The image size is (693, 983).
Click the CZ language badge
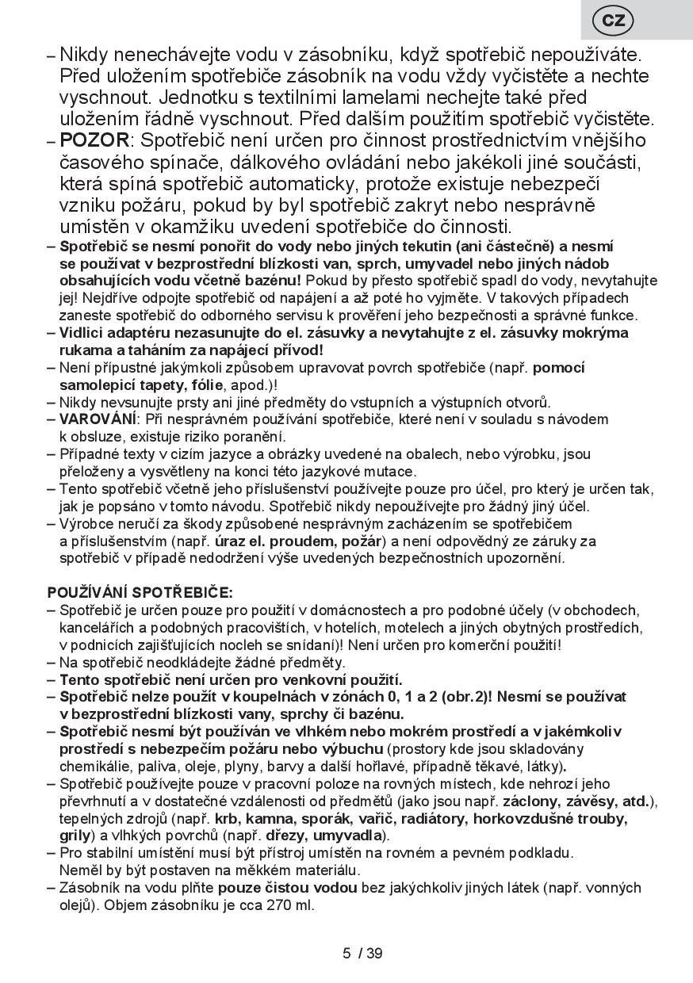click(614, 21)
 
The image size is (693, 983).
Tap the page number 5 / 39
click(362, 953)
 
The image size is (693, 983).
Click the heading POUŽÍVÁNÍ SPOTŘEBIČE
click(140, 592)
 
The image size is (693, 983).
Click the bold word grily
click(76, 836)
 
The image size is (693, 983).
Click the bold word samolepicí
click(98, 384)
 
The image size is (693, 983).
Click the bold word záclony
click(530, 801)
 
